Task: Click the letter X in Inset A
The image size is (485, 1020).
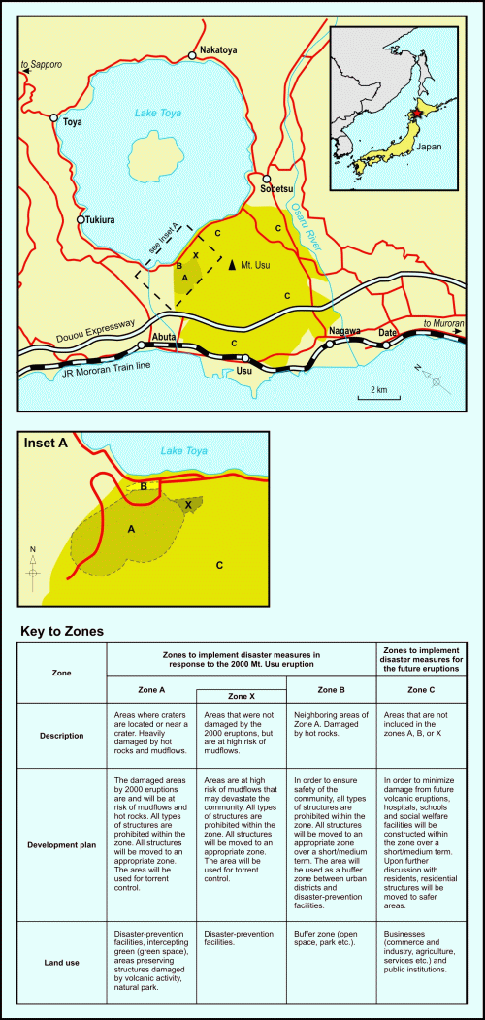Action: [188, 504]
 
